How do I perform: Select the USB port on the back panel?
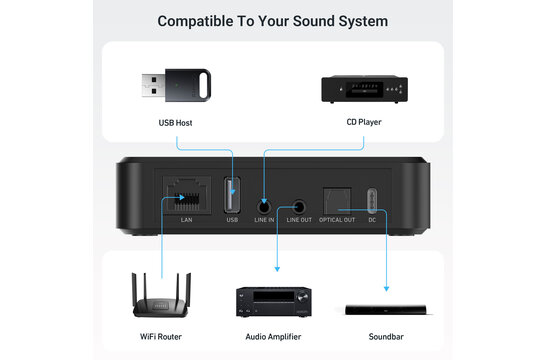233,193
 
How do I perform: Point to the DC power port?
372,195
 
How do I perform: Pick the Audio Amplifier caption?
273,337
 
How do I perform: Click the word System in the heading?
356,20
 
